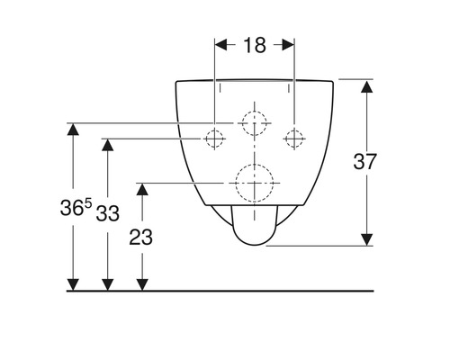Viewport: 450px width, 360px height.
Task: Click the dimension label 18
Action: pyautogui.click(x=255, y=44)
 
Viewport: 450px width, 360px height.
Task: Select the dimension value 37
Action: pyautogui.click(x=389, y=162)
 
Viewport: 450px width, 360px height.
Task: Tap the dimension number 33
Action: pyautogui.click(x=107, y=213)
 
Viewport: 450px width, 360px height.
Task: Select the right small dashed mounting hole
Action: pyautogui.click(x=293, y=139)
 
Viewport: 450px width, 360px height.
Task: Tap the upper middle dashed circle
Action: pyautogui.click(x=255, y=121)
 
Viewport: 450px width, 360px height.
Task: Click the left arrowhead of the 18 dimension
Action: pyautogui.click(x=221, y=44)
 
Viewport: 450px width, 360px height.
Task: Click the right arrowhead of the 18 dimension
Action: pyautogui.click(x=288, y=44)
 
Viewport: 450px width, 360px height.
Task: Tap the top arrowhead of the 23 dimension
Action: pyautogui.click(x=140, y=189)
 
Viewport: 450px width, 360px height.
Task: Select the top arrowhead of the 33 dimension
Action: pyautogui.click(x=107, y=145)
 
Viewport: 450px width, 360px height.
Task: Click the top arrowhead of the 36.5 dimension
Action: pyautogui.click(x=74, y=129)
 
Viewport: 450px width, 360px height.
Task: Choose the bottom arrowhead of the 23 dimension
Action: pyautogui.click(x=140, y=284)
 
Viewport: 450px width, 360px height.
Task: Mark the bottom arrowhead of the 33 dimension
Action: pyautogui.click(x=107, y=284)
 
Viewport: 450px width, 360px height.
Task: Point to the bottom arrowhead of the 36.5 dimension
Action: pyautogui.click(x=74, y=284)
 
